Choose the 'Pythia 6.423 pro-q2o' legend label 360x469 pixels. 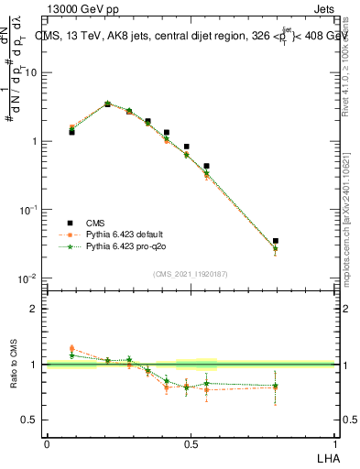point(125,247)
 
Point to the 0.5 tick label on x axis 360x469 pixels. point(190,444)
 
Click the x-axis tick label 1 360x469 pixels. point(333,444)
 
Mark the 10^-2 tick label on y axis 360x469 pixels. point(29,278)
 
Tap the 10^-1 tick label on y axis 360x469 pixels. point(29,210)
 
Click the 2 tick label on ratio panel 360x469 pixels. point(36,309)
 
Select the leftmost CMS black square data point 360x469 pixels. point(71,132)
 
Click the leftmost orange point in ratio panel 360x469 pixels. point(71,348)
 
